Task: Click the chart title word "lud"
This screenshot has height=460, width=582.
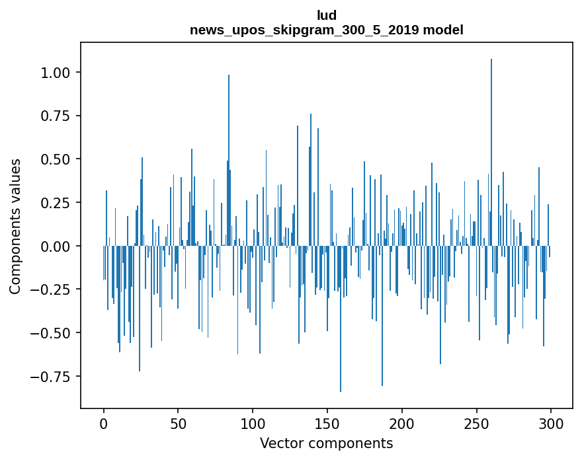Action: (x=327, y=15)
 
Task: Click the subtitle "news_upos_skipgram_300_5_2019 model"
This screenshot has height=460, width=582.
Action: (x=327, y=30)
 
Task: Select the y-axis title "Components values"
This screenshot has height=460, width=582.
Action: (x=15, y=226)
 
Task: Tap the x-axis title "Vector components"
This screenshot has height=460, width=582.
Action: (x=327, y=443)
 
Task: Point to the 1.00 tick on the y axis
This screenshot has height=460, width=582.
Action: (x=55, y=72)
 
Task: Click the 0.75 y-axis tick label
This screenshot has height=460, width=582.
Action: (x=55, y=116)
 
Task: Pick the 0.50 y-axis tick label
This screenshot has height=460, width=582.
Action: (x=55, y=159)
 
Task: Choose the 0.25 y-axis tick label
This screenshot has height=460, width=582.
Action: (x=55, y=202)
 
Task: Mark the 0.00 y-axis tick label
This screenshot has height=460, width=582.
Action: (x=55, y=246)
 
